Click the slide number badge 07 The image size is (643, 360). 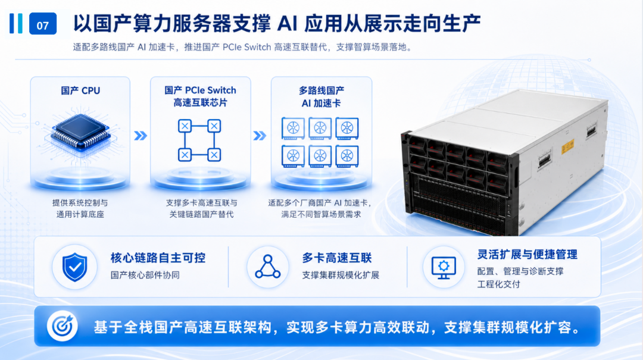(43, 24)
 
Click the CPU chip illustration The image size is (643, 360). (81, 132)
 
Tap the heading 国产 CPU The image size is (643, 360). (80, 90)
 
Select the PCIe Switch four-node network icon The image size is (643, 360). (199, 140)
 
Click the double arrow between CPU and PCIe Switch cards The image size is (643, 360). (141, 136)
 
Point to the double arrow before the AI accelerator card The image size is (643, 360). (260, 136)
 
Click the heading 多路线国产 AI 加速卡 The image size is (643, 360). (321, 97)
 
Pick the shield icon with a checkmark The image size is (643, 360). (74, 267)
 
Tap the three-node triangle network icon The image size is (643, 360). (268, 267)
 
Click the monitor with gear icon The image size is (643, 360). (444, 268)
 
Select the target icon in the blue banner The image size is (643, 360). (63, 326)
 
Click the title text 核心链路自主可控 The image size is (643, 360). (158, 258)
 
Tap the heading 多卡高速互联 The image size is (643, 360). (336, 258)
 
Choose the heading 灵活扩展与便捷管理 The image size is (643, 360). (527, 255)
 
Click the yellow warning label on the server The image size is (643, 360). (567, 146)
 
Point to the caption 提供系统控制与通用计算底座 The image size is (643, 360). (80, 208)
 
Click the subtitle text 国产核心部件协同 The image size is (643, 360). (145, 275)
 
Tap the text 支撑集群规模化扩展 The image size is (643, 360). (341, 275)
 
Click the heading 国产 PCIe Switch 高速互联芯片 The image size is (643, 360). (200, 96)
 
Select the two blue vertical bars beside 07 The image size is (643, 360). (16, 23)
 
